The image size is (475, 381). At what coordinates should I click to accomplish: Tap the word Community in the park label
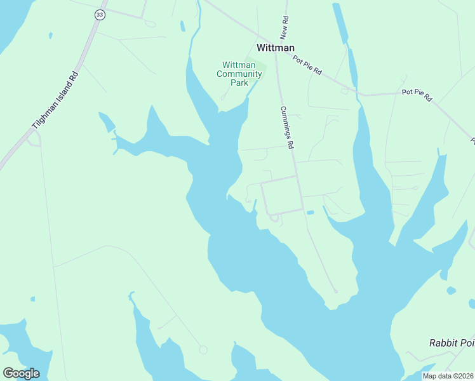[239, 74]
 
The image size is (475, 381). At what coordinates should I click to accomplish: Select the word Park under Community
[239, 83]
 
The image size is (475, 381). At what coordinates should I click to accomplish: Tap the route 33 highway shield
[99, 14]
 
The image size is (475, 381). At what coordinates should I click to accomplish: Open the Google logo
[21, 373]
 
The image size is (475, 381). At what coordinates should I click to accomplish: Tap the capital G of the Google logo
[8, 373]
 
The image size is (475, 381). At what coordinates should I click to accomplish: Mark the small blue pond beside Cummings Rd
[310, 212]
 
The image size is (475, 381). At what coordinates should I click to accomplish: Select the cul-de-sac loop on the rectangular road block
[274, 218]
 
